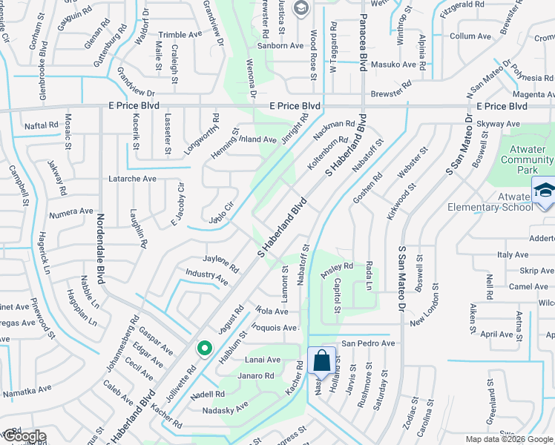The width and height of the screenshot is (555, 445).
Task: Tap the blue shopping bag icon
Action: (321, 361)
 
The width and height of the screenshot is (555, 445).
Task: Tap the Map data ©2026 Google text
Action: (509, 439)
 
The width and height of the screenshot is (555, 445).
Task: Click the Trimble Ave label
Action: (180, 35)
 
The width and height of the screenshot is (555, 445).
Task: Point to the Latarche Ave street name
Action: (133, 179)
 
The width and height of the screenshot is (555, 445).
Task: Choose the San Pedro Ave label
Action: (368, 343)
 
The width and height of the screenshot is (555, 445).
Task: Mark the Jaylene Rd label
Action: (221, 263)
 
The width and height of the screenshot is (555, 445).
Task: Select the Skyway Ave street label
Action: (498, 124)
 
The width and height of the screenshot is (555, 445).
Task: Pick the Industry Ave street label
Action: (206, 277)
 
